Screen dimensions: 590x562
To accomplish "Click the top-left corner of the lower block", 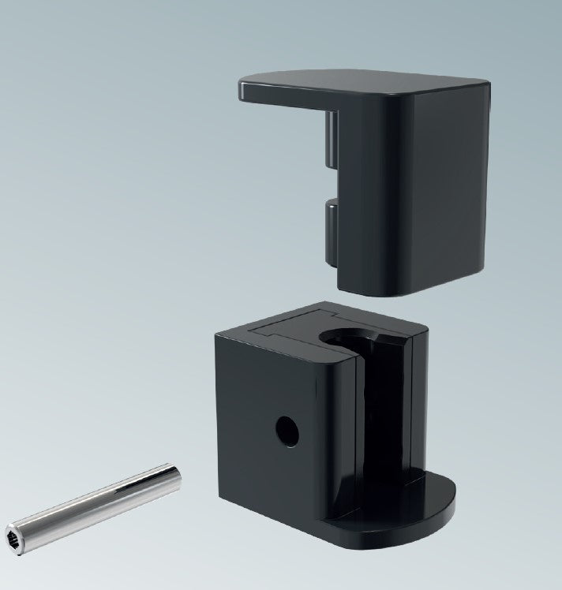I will point(219,334).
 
